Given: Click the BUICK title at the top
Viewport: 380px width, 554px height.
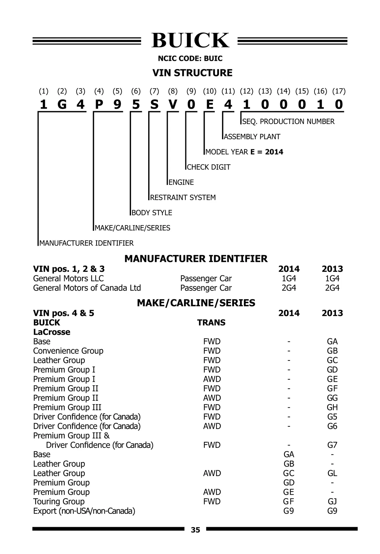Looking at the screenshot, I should (x=190, y=41).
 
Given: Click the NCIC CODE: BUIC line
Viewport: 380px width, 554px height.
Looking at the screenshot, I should (x=190, y=59).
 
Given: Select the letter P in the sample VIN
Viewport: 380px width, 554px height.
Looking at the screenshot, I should (x=99, y=104).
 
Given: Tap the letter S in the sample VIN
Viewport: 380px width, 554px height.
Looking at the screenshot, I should (x=154, y=104).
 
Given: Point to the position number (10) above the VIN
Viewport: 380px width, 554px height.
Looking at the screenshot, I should (x=210, y=91).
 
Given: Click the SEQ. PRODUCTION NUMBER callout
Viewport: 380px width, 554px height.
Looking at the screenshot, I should (x=288, y=122).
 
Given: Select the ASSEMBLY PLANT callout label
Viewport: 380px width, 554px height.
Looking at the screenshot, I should (x=252, y=137).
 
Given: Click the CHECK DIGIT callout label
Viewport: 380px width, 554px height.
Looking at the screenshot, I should (x=209, y=167).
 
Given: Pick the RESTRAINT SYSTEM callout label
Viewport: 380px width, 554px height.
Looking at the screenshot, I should (x=183, y=198).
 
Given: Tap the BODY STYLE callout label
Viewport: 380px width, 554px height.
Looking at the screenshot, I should (x=152, y=213).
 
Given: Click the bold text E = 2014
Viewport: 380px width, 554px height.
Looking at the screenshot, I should (x=267, y=152).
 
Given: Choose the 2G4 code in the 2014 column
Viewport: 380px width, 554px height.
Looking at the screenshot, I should (x=289, y=288).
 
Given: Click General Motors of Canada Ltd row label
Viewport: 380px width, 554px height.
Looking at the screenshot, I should (x=87, y=288).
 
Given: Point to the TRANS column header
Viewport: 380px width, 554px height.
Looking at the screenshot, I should (x=211, y=322).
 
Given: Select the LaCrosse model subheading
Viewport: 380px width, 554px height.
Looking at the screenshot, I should (x=52, y=332).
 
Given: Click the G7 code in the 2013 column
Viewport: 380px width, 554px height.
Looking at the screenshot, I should (x=332, y=445).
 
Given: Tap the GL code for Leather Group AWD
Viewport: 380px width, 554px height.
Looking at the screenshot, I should (x=332, y=473).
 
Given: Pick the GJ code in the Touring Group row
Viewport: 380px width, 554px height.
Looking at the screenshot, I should (x=332, y=501).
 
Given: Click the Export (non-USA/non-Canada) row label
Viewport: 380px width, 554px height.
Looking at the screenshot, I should (x=84, y=511).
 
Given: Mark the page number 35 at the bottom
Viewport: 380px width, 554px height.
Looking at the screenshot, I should (x=196, y=530).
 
